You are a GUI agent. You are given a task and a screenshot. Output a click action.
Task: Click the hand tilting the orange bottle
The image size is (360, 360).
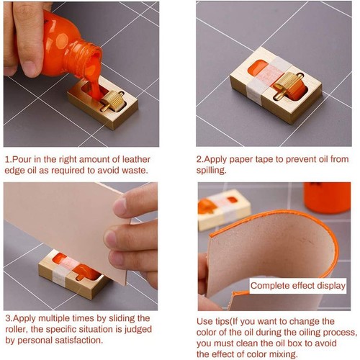click(25, 36)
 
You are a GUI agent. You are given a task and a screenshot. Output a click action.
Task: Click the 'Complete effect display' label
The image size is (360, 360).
click(297, 286)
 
